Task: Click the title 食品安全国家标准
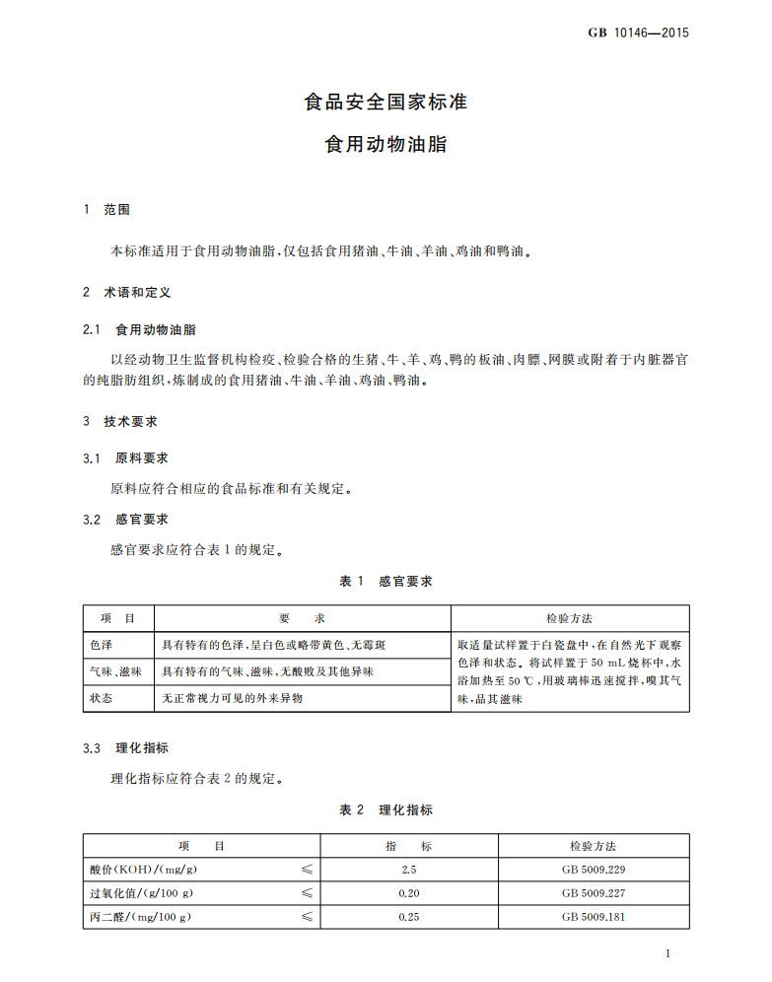[x=386, y=102]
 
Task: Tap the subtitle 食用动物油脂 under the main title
[x=386, y=144]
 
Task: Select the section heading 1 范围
[x=107, y=210]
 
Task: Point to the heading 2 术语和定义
[x=127, y=293]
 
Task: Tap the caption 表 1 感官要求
[x=386, y=582]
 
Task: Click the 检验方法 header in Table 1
[x=569, y=618]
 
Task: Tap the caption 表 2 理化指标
[x=386, y=810]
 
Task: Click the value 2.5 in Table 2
[x=409, y=870]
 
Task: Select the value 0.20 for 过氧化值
[x=409, y=893]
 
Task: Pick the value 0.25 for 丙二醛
[x=409, y=917]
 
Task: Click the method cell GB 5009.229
[x=594, y=870]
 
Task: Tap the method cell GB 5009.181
[x=594, y=917]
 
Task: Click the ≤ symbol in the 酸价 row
[x=307, y=870]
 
